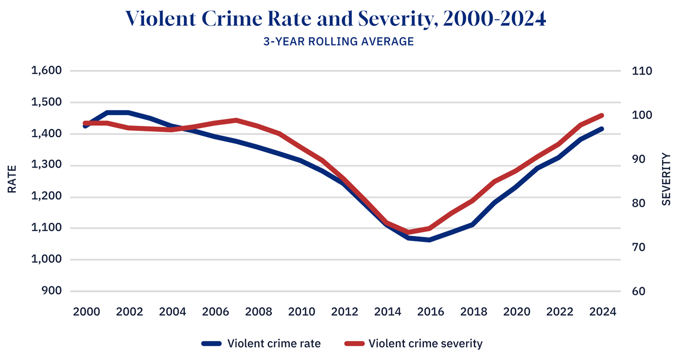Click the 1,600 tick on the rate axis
coord(46,71)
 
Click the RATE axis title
coord(12,180)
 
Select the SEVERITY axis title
coord(666,180)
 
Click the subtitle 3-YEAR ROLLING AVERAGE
coord(339,42)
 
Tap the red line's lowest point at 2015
coord(408,232)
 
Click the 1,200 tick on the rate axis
coord(46,197)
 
